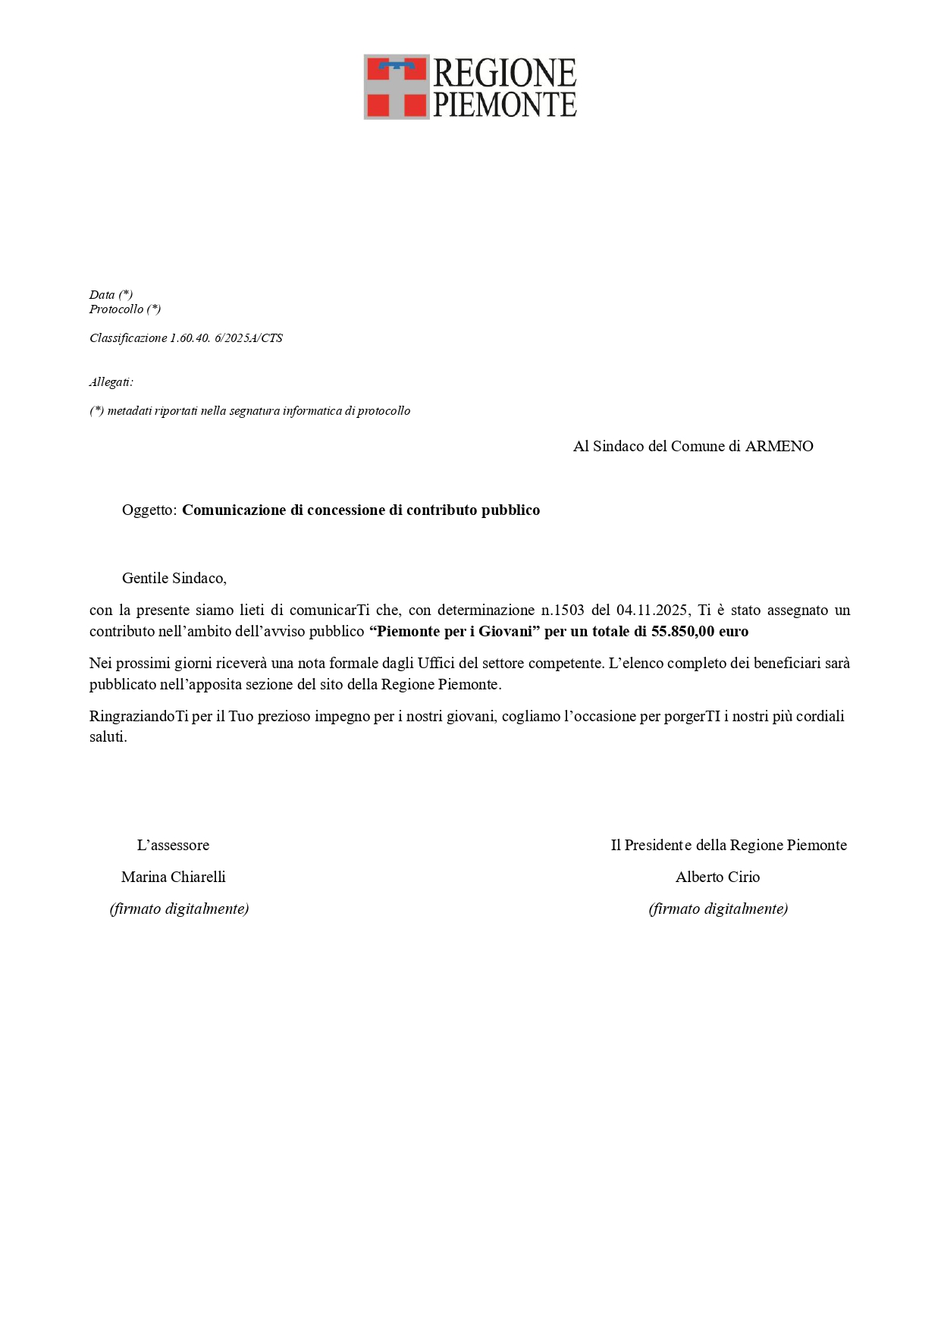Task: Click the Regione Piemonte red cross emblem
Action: pos(397,86)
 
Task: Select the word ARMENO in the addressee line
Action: pos(779,446)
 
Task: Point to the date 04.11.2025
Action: pos(651,610)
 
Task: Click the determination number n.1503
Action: pos(562,610)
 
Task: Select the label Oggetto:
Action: pos(149,510)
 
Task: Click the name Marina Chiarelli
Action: pos(174,877)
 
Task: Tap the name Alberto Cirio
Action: pos(717,877)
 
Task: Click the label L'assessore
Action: pos(173,845)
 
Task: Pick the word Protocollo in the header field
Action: pos(116,309)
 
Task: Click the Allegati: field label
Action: pos(111,381)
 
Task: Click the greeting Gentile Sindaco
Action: pos(174,578)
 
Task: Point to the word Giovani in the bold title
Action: pos(505,631)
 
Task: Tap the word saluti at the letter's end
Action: pos(107,737)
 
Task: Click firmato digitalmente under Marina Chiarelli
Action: pos(179,909)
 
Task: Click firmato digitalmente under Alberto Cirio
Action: pos(718,909)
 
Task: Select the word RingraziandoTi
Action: pos(139,716)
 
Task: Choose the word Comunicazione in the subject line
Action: pos(234,510)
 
